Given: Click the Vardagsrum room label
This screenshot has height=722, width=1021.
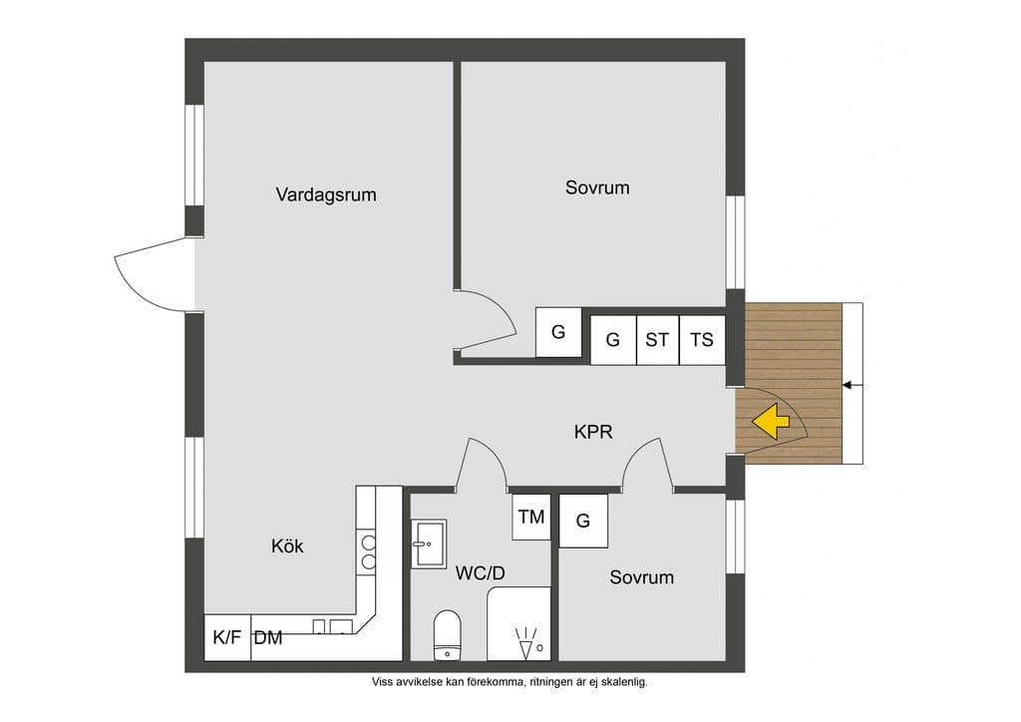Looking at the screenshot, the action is pyautogui.click(x=326, y=194).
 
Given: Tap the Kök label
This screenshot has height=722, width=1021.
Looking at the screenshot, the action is pyautogui.click(x=287, y=545).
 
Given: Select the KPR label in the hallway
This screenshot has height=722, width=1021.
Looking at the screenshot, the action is pyautogui.click(x=593, y=432).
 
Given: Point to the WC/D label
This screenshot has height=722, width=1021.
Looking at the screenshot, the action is pyautogui.click(x=480, y=572).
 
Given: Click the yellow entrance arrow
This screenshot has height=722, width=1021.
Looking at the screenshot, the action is pyautogui.click(x=771, y=421).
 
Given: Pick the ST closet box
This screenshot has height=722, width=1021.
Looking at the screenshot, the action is pyautogui.click(x=658, y=340).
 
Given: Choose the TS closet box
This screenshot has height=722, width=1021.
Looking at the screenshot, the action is pyautogui.click(x=702, y=340).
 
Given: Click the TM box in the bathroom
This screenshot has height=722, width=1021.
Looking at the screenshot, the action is pyautogui.click(x=531, y=517).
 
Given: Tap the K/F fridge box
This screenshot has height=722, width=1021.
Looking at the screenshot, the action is pyautogui.click(x=227, y=637).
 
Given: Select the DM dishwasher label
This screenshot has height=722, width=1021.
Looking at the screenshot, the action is pyautogui.click(x=268, y=638).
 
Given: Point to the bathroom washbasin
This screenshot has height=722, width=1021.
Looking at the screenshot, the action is pyautogui.click(x=429, y=543).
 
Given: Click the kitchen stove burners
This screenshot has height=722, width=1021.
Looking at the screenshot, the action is pyautogui.click(x=369, y=552).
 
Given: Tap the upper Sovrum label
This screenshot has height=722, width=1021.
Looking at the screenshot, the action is pyautogui.click(x=597, y=187).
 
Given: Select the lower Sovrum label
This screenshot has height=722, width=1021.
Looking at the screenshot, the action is pyautogui.click(x=641, y=577).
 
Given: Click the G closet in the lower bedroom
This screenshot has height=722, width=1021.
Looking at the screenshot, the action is pyautogui.click(x=583, y=521).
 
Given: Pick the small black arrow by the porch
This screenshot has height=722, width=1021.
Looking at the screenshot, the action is pyautogui.click(x=852, y=385).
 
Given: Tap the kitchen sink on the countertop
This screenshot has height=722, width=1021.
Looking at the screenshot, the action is pyautogui.click(x=333, y=626).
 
